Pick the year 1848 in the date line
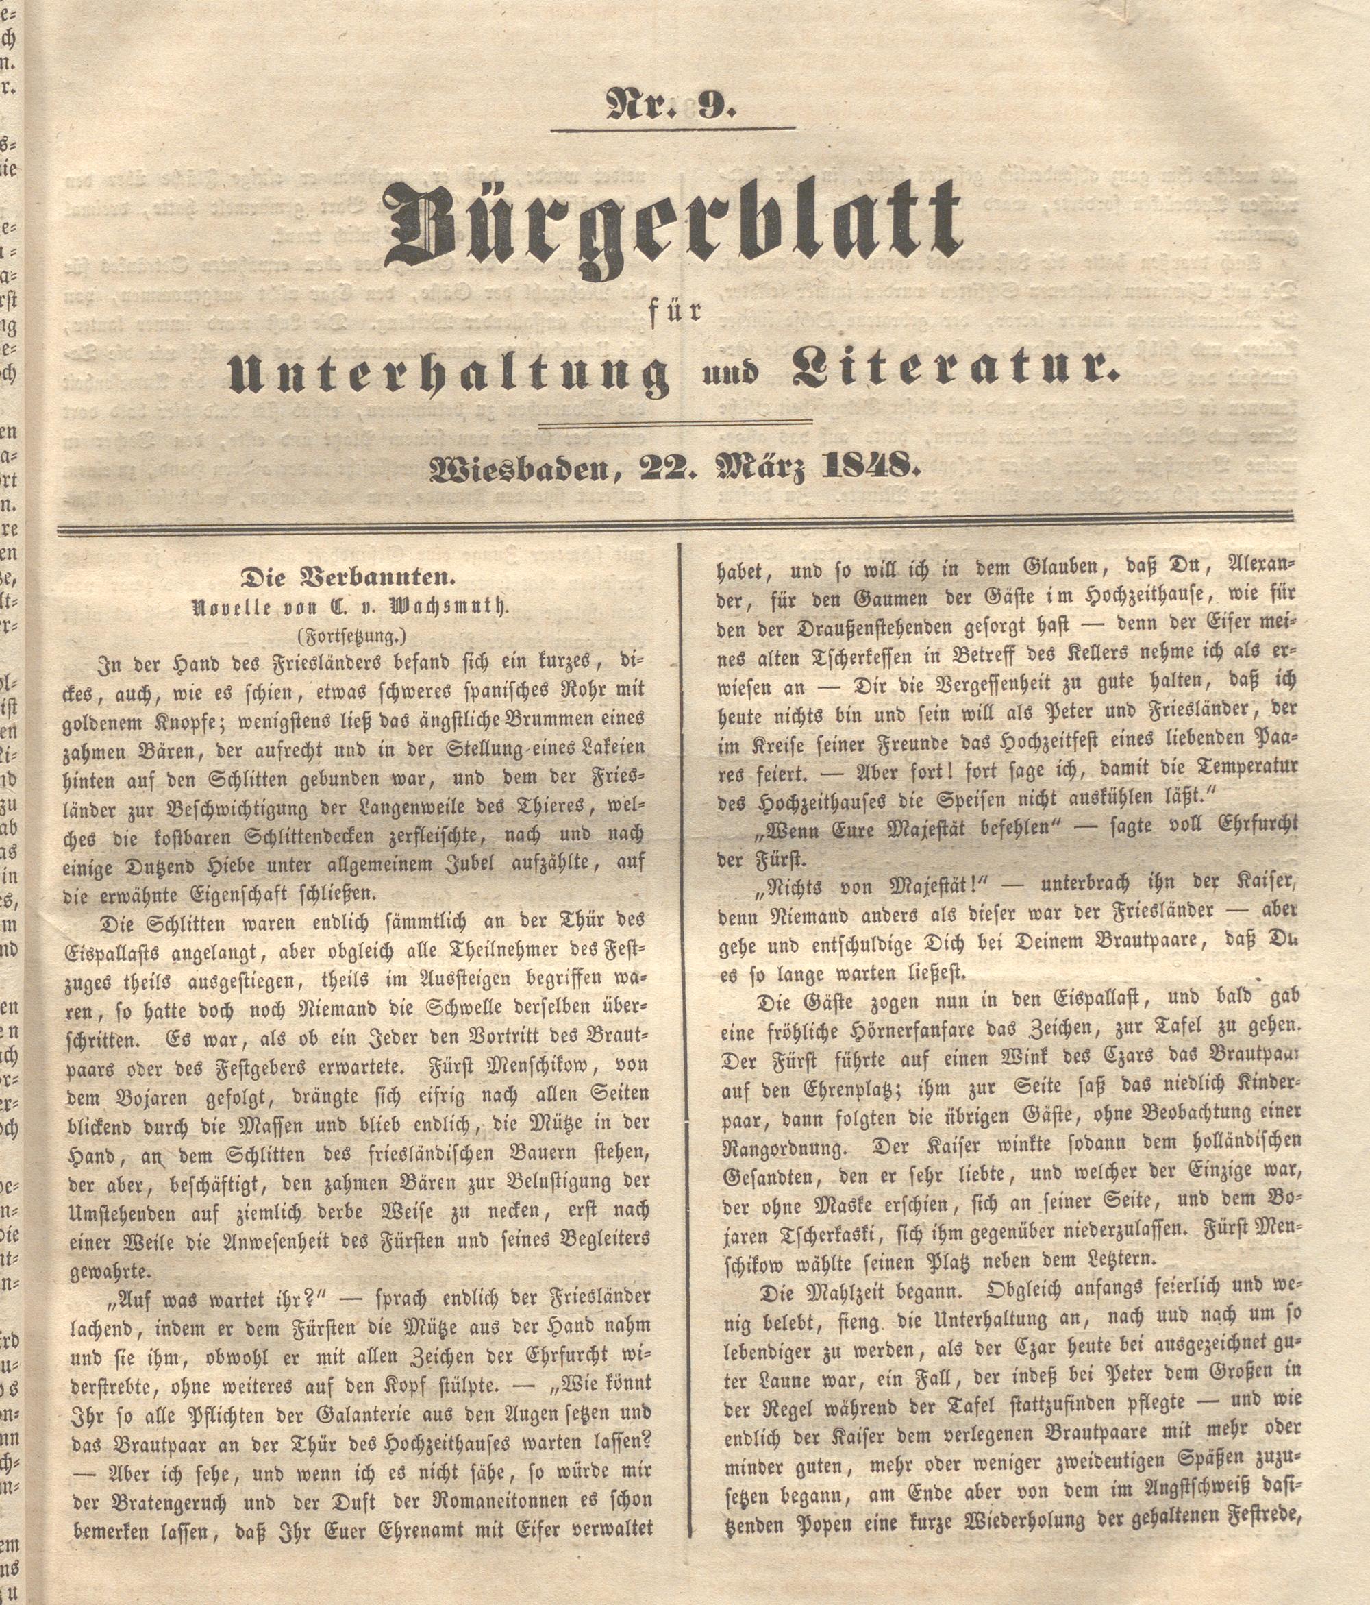[875, 467]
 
